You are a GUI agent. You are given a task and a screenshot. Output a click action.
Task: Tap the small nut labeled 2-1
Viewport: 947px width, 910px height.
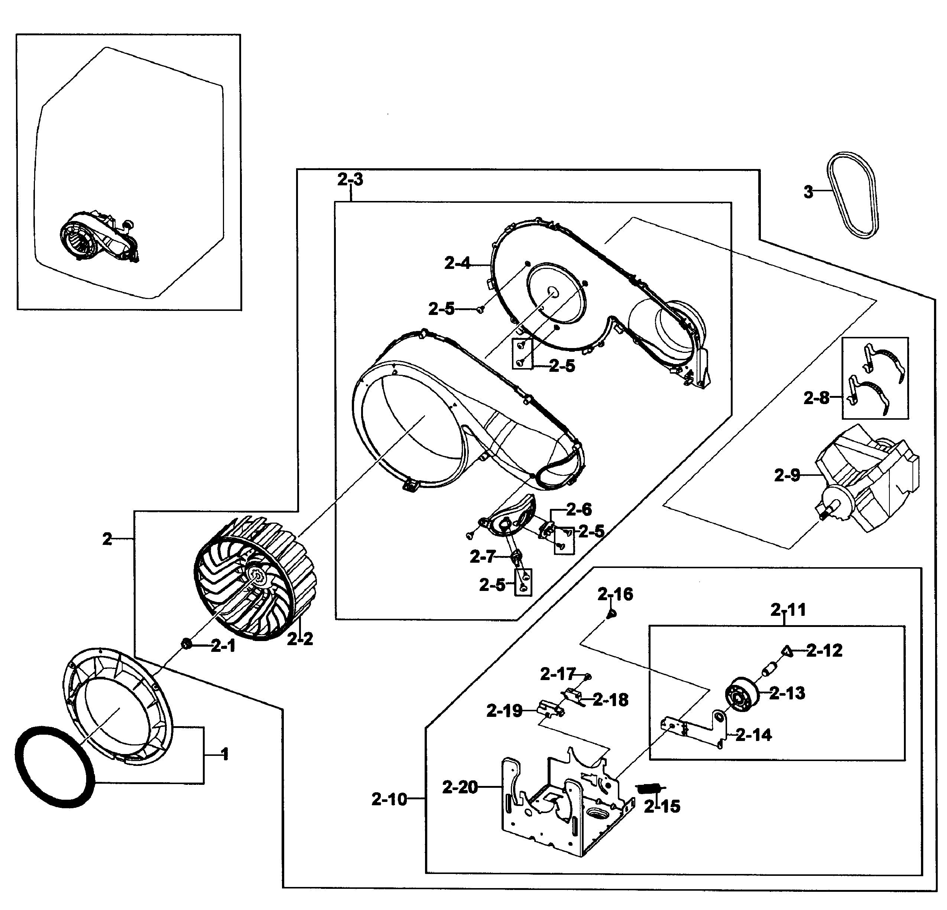185,643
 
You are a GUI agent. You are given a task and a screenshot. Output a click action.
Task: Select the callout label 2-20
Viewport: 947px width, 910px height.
460,787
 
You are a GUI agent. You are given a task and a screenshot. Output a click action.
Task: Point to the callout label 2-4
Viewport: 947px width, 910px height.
457,264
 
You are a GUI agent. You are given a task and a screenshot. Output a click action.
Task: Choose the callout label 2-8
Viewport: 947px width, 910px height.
816,398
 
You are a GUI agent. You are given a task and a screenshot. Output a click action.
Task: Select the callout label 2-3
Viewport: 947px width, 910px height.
350,180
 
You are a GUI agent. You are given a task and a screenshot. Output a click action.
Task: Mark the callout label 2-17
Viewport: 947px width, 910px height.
558,674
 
